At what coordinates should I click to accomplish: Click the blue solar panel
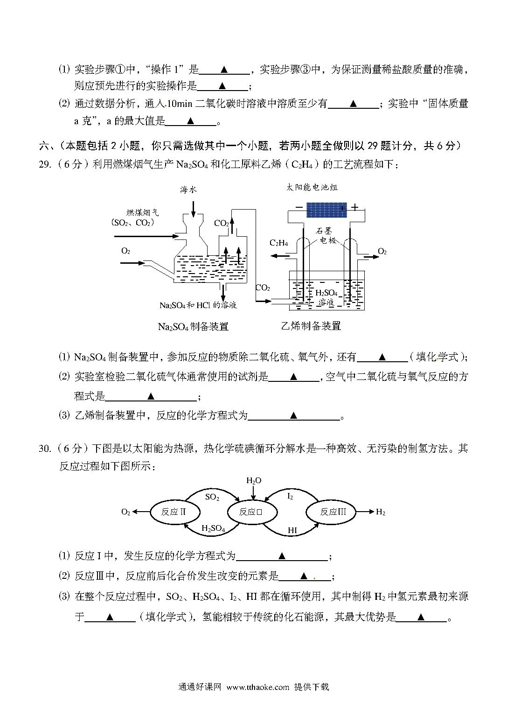326,210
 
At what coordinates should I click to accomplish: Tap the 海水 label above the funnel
188,190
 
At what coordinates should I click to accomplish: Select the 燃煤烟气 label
143,212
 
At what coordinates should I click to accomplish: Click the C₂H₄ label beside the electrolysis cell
278,243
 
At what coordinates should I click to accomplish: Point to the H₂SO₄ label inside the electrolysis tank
326,293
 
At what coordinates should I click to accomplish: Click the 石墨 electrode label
324,231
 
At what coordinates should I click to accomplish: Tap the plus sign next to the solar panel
354,207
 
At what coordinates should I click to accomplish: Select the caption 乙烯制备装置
311,326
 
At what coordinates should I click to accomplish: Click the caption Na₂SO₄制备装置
193,326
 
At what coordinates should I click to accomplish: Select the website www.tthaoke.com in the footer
258,687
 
